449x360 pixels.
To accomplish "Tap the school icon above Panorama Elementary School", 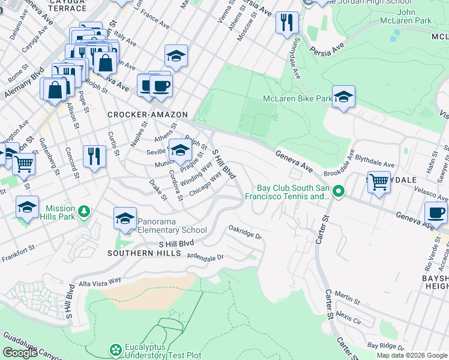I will click(x=125, y=218).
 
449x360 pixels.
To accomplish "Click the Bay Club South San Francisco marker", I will click(x=339, y=192).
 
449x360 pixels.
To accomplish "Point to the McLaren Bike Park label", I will click(x=297, y=98).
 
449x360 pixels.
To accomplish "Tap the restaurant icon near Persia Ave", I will click(x=287, y=22).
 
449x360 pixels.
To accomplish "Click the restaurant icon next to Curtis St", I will click(x=94, y=156).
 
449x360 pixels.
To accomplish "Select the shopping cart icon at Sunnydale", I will click(x=379, y=181).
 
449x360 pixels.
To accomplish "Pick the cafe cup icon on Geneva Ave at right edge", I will click(x=436, y=212).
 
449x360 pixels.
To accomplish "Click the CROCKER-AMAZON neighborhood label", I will click(x=148, y=115).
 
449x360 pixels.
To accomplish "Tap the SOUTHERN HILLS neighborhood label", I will click(x=144, y=254).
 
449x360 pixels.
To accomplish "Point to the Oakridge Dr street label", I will click(x=245, y=232).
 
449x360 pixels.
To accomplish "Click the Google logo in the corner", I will click(x=20, y=353).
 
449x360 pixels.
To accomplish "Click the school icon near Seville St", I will click(x=179, y=150).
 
